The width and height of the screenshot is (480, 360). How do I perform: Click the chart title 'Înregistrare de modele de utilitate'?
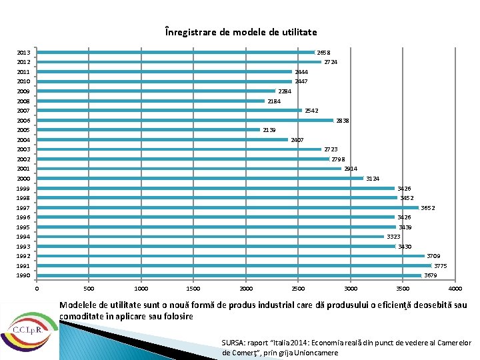[241, 32]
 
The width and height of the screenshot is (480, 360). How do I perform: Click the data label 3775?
[440, 266]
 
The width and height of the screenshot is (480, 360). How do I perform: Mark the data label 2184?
[274, 101]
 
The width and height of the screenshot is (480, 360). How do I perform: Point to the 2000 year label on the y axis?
[23, 179]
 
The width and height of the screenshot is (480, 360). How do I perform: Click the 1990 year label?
[23, 275]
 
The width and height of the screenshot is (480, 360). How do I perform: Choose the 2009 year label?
[23, 91]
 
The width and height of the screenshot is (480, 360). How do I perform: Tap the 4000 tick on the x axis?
[455, 289]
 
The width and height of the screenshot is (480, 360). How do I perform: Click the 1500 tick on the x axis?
[193, 289]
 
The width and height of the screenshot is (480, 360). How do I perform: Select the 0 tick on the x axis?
[37, 289]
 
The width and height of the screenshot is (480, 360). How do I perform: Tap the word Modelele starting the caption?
[79, 305]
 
